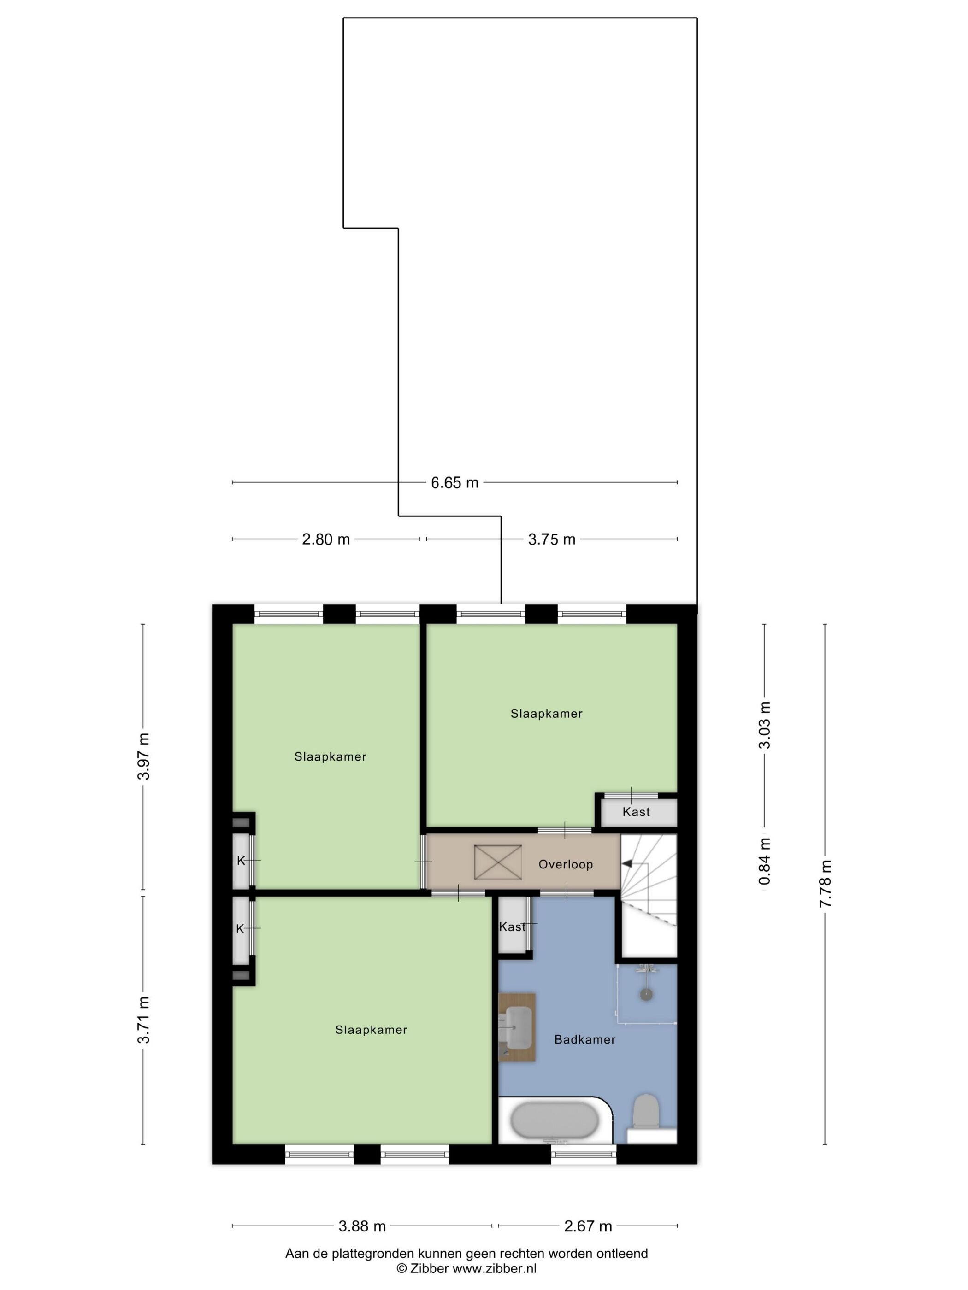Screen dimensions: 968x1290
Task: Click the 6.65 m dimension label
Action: [454, 482]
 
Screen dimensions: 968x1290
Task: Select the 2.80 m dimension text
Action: [325, 539]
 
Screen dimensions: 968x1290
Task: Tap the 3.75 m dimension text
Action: [551, 539]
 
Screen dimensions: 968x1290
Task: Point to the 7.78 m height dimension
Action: [825, 884]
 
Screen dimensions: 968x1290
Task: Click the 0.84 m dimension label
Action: [764, 861]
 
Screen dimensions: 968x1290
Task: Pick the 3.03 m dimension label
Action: [764, 725]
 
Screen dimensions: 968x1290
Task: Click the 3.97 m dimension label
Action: [143, 756]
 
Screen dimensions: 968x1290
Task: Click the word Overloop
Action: [566, 864]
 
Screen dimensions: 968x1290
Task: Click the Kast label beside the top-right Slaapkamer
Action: [636, 812]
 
